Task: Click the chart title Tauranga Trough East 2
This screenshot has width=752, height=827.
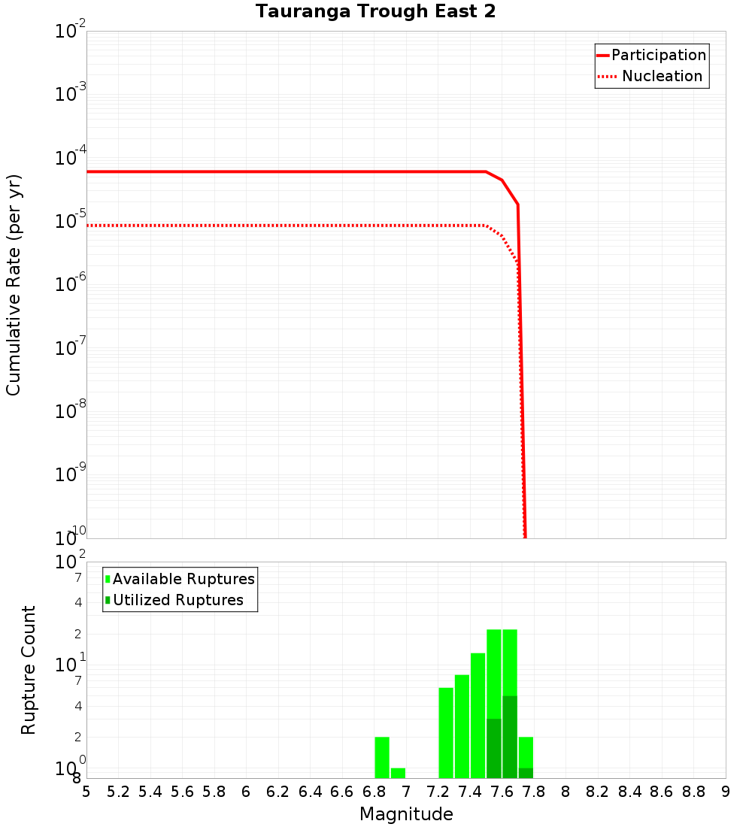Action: point(375,12)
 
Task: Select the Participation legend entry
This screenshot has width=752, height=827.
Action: point(658,55)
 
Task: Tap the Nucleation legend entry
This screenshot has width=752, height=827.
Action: point(661,76)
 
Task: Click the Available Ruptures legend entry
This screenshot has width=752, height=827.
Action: point(183,579)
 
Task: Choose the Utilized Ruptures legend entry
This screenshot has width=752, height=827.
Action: point(177,600)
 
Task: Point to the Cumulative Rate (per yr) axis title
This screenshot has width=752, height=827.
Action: point(14,285)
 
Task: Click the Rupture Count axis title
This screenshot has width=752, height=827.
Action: point(29,670)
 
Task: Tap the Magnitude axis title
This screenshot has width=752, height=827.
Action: point(406,814)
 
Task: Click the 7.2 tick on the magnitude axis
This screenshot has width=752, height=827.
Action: point(438,792)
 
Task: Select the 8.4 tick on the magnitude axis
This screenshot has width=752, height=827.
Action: point(629,792)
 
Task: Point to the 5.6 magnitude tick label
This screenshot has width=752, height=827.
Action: point(182,792)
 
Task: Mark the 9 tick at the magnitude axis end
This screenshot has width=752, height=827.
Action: point(725,792)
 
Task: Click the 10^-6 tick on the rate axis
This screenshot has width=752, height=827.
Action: point(71,283)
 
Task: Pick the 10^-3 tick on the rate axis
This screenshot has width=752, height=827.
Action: point(71,94)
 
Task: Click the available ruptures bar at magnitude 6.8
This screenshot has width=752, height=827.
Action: point(382,757)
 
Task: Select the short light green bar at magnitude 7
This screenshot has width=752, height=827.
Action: point(398,773)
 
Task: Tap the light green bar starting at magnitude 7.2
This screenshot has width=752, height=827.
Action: point(446,733)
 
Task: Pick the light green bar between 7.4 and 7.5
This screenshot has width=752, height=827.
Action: point(478,716)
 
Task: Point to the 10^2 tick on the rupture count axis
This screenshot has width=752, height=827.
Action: point(71,562)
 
